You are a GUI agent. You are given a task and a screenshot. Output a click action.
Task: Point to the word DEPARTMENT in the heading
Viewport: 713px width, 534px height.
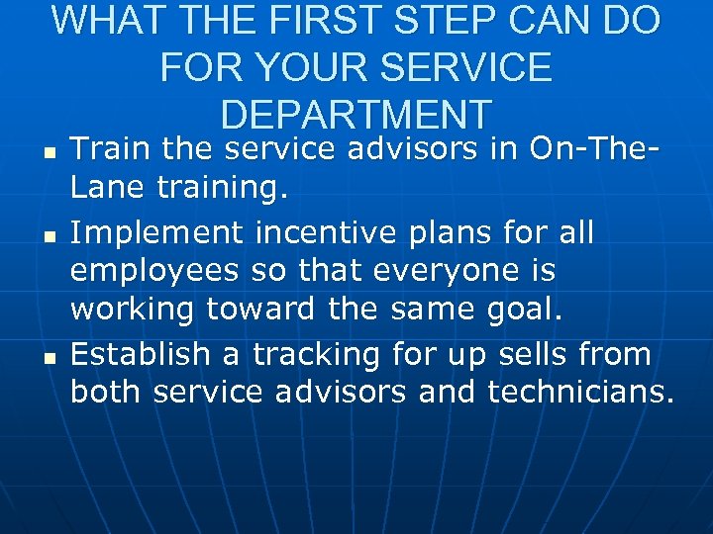coord(356,114)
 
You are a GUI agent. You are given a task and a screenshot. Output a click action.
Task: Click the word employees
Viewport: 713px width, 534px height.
coord(156,271)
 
